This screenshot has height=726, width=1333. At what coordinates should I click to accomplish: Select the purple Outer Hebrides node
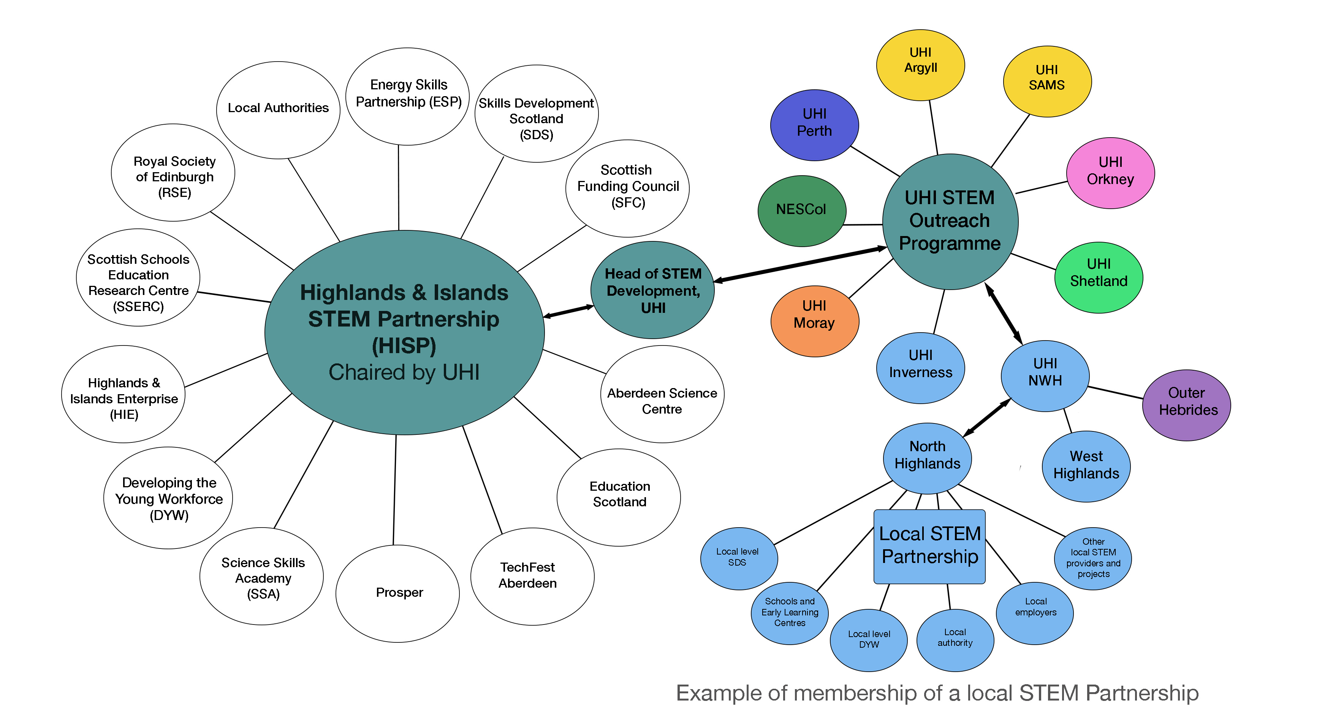(1187, 405)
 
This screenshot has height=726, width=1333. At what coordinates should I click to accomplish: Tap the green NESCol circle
(801, 210)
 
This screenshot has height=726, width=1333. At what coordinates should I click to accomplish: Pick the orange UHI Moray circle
(814, 321)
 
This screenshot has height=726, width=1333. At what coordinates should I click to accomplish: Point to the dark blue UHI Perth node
(814, 125)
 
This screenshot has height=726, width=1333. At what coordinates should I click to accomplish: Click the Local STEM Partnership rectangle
(929, 547)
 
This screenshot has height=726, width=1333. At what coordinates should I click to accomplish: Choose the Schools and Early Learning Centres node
(790, 613)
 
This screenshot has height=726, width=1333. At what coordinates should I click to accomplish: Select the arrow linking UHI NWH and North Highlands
(986, 418)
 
